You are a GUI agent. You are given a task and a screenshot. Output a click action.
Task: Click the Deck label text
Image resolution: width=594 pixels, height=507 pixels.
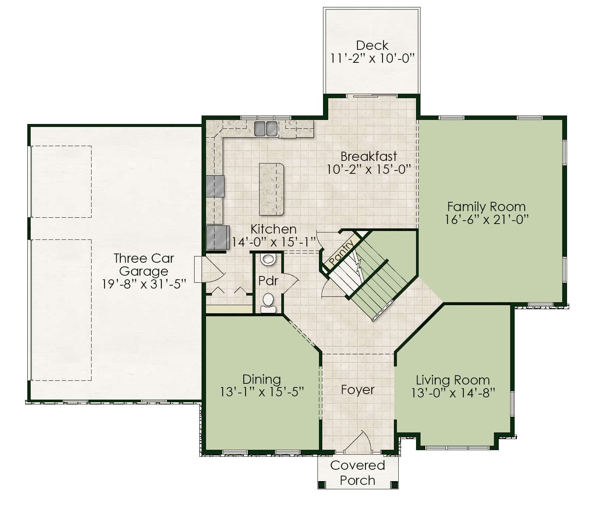point(372,45)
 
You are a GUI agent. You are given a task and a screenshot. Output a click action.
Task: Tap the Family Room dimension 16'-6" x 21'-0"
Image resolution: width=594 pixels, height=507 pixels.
point(487,220)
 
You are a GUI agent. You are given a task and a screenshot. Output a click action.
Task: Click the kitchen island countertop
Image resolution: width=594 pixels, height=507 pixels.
point(271,189)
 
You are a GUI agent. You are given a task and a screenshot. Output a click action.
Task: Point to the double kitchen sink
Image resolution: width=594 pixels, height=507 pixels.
point(265,128)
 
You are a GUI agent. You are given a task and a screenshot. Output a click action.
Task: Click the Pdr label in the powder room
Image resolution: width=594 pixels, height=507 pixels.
point(268,281)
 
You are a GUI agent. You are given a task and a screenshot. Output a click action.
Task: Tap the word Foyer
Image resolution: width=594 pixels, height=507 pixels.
point(357,390)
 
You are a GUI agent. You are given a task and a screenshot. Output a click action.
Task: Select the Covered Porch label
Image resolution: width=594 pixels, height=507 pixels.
point(358,473)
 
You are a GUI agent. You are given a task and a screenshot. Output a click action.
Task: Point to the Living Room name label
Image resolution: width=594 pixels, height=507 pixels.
point(453,380)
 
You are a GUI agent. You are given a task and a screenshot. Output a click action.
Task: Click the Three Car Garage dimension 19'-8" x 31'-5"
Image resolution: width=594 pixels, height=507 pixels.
point(144,284)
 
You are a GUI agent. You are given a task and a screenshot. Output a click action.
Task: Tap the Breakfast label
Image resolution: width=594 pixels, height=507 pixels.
point(369,156)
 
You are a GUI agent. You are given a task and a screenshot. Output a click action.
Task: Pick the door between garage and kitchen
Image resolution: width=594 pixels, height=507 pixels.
point(209,269)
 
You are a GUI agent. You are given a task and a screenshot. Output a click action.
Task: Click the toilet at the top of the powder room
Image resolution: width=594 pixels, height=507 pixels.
point(268,259)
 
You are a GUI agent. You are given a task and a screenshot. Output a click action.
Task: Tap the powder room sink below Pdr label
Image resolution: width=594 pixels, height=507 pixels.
point(268,303)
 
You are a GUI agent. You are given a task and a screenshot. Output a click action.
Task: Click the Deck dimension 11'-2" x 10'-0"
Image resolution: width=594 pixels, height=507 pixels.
point(372,58)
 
